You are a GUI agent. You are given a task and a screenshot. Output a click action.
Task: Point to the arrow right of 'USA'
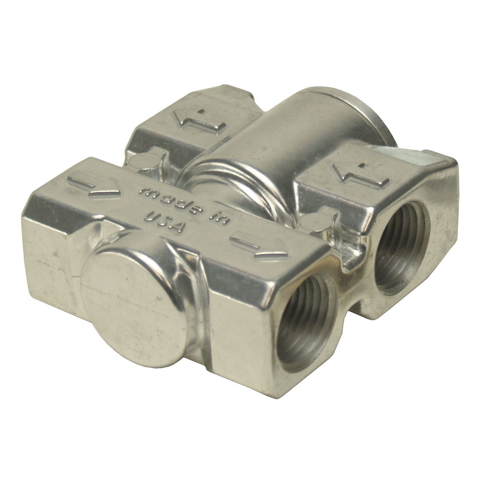(259, 245)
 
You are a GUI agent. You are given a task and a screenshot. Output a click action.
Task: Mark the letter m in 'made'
(144, 193)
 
